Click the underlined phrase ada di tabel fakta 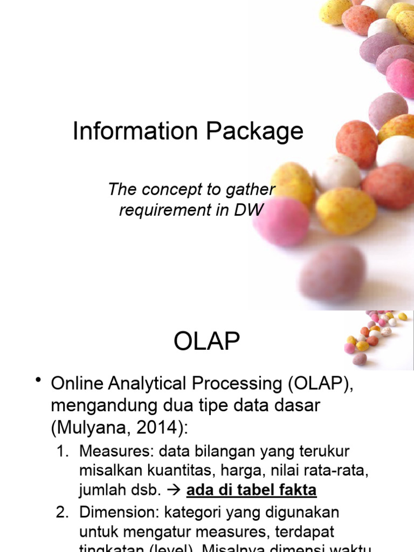click(251, 490)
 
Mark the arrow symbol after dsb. click(174, 491)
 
